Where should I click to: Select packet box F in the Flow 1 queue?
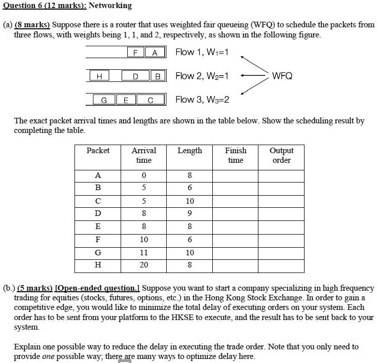(x=135, y=53)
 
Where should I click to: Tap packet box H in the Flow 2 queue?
(x=99, y=76)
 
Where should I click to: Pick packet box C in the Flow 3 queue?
(x=150, y=100)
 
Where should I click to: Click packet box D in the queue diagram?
(x=135, y=76)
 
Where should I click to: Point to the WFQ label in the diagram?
(x=282, y=76)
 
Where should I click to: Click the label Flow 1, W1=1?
(x=202, y=52)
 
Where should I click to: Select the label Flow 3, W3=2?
(x=202, y=100)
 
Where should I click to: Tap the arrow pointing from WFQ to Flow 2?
(x=253, y=76)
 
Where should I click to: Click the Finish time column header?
(x=236, y=155)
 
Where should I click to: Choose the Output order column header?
(x=281, y=155)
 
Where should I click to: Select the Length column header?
(x=190, y=151)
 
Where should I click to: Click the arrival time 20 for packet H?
(x=144, y=264)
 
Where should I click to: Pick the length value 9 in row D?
(x=190, y=214)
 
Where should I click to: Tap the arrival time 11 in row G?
(x=144, y=252)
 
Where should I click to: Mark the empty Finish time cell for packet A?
(x=236, y=175)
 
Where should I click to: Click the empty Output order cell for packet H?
(x=281, y=264)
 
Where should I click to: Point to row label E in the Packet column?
(x=98, y=226)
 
